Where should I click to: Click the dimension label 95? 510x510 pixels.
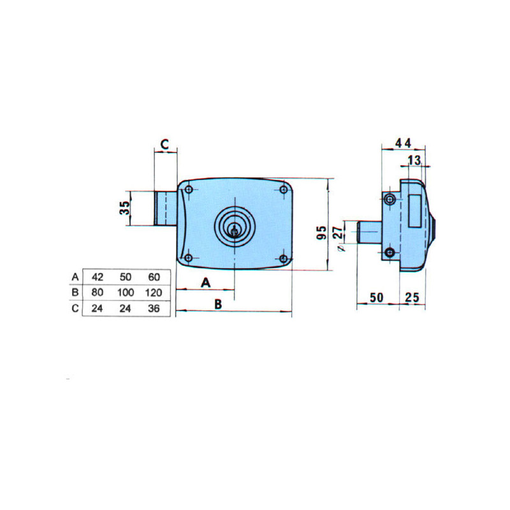click(321, 232)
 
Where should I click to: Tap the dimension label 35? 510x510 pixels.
click(124, 208)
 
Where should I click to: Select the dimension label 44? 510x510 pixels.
click(403, 143)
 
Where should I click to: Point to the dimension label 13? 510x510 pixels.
click(414, 160)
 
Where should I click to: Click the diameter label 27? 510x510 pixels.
click(339, 233)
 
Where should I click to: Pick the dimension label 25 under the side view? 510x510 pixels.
click(412, 297)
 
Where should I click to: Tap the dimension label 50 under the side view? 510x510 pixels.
click(376, 297)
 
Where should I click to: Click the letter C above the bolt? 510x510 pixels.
click(165, 144)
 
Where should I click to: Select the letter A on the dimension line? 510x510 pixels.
click(205, 282)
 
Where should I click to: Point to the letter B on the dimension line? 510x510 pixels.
click(218, 304)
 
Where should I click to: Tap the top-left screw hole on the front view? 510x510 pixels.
click(188, 189)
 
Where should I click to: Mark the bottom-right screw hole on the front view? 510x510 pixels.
click(283, 259)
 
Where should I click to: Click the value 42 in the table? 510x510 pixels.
click(98, 277)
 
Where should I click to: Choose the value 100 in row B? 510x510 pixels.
click(126, 293)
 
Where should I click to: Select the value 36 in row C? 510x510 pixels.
click(154, 308)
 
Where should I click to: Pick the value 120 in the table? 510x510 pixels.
click(154, 293)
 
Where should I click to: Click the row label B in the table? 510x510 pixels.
click(75, 293)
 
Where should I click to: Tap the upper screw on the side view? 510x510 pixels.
click(390, 200)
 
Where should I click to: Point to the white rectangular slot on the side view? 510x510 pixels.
click(414, 210)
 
